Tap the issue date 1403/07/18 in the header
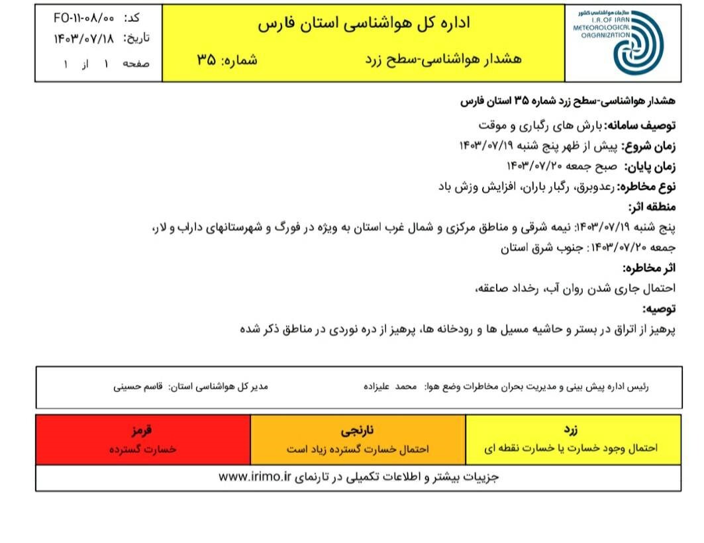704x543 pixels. pos(83,38)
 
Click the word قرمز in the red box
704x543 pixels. pos(142,431)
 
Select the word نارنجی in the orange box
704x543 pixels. pos(358,431)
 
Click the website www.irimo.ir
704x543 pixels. pos(255,477)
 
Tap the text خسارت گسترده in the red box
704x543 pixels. pos(142,448)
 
